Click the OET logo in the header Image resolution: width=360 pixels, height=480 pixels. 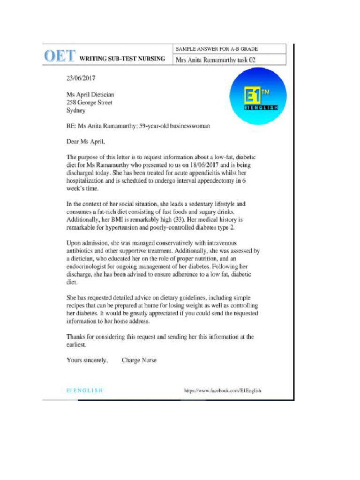(59, 56)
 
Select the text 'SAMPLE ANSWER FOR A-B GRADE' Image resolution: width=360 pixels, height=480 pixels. (217, 49)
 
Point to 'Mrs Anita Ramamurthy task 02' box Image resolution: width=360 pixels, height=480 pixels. (215, 60)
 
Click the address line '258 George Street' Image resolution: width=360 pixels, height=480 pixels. (89, 103)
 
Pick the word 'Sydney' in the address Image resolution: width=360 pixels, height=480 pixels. (76, 111)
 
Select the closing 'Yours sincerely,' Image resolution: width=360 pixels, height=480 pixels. (87, 360)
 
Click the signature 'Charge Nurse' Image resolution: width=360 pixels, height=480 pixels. (139, 360)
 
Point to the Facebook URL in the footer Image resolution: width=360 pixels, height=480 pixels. (223, 390)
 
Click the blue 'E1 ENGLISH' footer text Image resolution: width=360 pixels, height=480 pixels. (85, 390)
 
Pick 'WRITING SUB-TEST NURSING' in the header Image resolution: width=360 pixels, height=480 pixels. (122, 59)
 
